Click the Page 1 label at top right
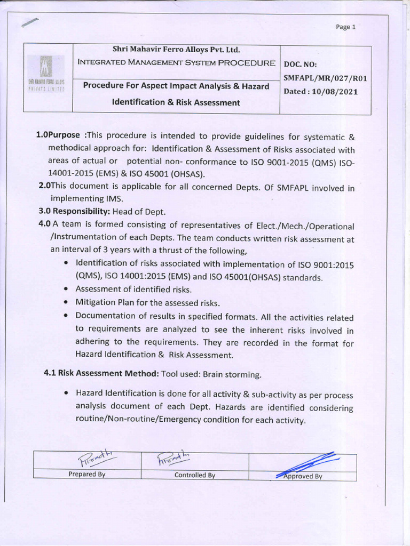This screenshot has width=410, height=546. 346,27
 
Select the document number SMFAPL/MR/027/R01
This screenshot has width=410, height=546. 326,78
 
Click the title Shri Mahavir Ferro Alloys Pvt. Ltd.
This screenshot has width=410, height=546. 177,50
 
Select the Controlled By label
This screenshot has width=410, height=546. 195,475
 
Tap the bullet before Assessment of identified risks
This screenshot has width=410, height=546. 65,290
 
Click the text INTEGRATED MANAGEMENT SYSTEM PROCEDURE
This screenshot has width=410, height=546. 177,62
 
